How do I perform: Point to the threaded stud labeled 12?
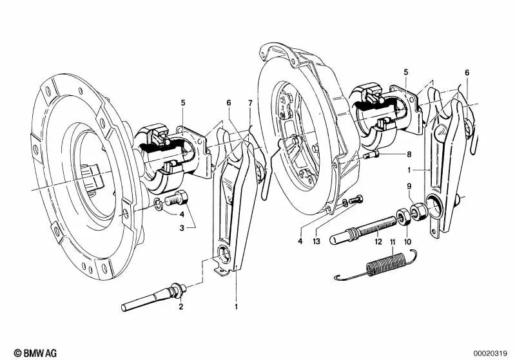pos(364,226)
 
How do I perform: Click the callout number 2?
pos(181,307)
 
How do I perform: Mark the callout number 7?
pos(251,102)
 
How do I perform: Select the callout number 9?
pos(407,187)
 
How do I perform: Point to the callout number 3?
pos(182,228)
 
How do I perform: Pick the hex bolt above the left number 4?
pos(178,200)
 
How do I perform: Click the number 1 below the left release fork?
pos(236,307)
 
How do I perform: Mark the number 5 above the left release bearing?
pos(183,102)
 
